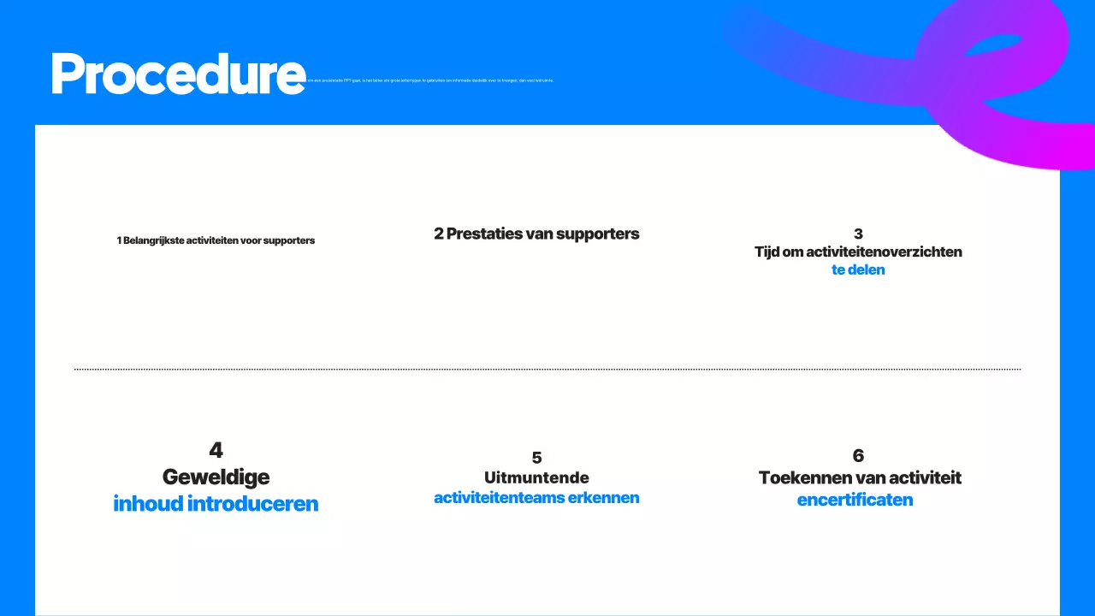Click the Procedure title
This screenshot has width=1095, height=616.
point(178,74)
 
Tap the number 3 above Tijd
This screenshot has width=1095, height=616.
point(858,234)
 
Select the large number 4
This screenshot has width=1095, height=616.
point(216,450)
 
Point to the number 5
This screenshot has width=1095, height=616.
point(536,458)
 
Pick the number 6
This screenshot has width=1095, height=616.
point(858,455)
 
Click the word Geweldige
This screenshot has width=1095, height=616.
point(216,477)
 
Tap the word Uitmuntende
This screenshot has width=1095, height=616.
point(536,477)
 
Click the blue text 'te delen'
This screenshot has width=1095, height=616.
point(858,269)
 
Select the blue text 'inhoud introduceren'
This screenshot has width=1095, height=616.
point(216,504)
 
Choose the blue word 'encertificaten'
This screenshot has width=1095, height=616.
point(855,500)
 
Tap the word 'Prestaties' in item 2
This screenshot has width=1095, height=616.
point(486,234)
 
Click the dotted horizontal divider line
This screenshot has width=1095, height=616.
point(547,369)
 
